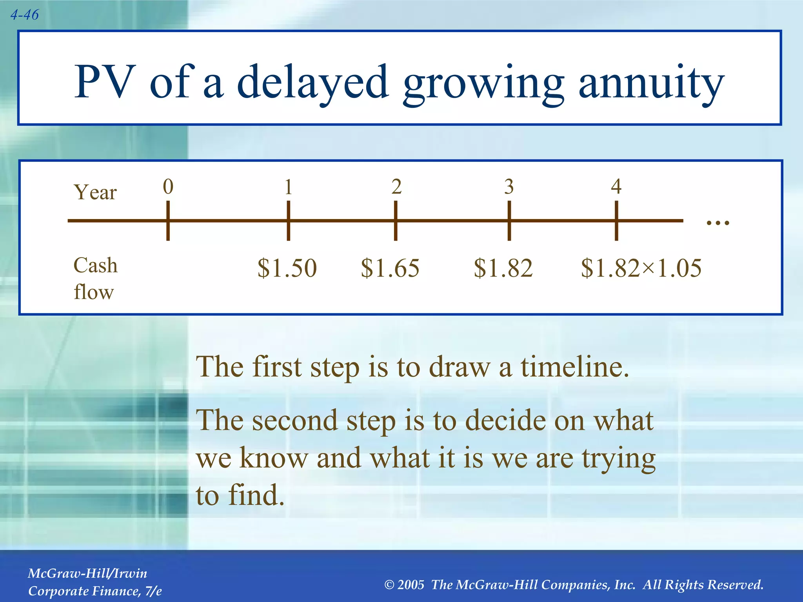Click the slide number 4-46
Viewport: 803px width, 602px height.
(x=24, y=15)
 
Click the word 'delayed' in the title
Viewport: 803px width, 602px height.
(x=312, y=82)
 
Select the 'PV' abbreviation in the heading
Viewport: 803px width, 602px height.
(x=104, y=82)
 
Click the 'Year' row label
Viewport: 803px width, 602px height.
(x=95, y=192)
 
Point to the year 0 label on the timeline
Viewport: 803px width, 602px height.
(x=168, y=187)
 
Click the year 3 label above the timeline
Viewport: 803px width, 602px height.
(x=509, y=187)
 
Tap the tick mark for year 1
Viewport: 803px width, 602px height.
(x=288, y=221)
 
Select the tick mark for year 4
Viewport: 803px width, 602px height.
(x=616, y=221)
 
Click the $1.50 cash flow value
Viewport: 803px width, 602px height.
(x=287, y=268)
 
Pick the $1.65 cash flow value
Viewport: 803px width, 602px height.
(x=390, y=268)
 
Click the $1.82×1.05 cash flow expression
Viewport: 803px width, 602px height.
(x=641, y=268)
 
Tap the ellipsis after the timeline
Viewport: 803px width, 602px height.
(x=718, y=223)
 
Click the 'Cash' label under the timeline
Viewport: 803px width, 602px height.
(x=95, y=265)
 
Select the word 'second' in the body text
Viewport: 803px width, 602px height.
(x=294, y=420)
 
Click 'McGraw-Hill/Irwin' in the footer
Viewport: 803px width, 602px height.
(x=87, y=573)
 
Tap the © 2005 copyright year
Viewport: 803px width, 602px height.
(x=404, y=585)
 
